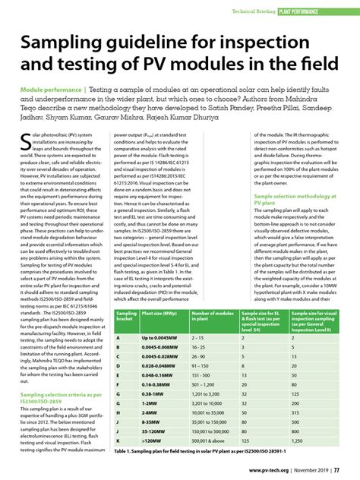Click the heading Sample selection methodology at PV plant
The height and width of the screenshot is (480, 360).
(x=295, y=200)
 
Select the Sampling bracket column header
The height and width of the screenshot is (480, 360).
(x=127, y=338)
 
